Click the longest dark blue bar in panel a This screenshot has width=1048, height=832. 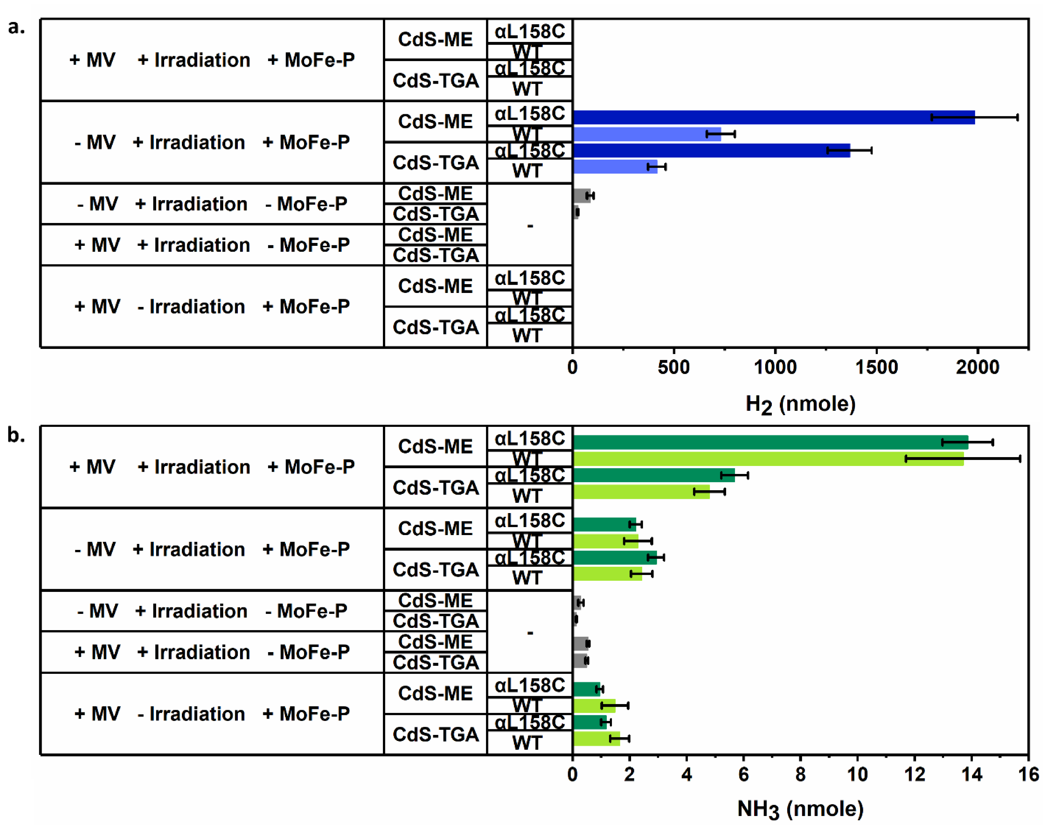773,117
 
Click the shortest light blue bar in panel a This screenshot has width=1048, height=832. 615,167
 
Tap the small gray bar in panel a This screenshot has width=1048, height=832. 581,195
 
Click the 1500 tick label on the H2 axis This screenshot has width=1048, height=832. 876,367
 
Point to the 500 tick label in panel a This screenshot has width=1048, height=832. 674,367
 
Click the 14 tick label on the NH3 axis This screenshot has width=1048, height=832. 971,774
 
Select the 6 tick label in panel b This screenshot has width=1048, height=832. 743,774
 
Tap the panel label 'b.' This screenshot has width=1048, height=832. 16,435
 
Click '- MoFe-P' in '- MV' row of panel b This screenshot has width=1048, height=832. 306,611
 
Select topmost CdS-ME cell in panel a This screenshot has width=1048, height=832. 435,39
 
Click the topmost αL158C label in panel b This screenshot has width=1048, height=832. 530,438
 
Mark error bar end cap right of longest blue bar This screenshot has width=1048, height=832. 1017,117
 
